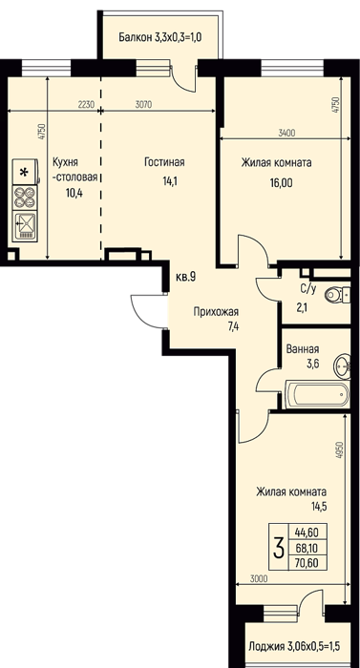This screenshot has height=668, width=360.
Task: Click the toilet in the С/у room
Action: (x=337, y=294)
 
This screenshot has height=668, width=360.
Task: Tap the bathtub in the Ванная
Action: (x=318, y=395)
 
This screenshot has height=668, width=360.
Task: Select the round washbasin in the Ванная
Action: (x=343, y=366)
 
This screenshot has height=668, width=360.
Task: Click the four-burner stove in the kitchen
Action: (x=25, y=197)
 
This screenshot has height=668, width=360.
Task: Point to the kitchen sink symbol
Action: (x=25, y=226)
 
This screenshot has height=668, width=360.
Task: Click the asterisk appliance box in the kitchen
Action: (x=25, y=172)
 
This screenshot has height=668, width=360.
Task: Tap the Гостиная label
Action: (x=164, y=162)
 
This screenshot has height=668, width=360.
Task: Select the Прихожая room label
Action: (x=216, y=311)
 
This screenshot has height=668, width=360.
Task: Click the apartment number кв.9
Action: (x=185, y=278)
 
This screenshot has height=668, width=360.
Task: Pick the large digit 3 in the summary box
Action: (x=279, y=548)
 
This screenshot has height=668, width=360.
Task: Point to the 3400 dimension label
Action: (x=286, y=133)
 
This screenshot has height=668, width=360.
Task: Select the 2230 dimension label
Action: (x=86, y=104)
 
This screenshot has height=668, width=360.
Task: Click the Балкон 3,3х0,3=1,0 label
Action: (x=160, y=37)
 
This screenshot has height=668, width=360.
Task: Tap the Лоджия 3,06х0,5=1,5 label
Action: (x=294, y=648)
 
